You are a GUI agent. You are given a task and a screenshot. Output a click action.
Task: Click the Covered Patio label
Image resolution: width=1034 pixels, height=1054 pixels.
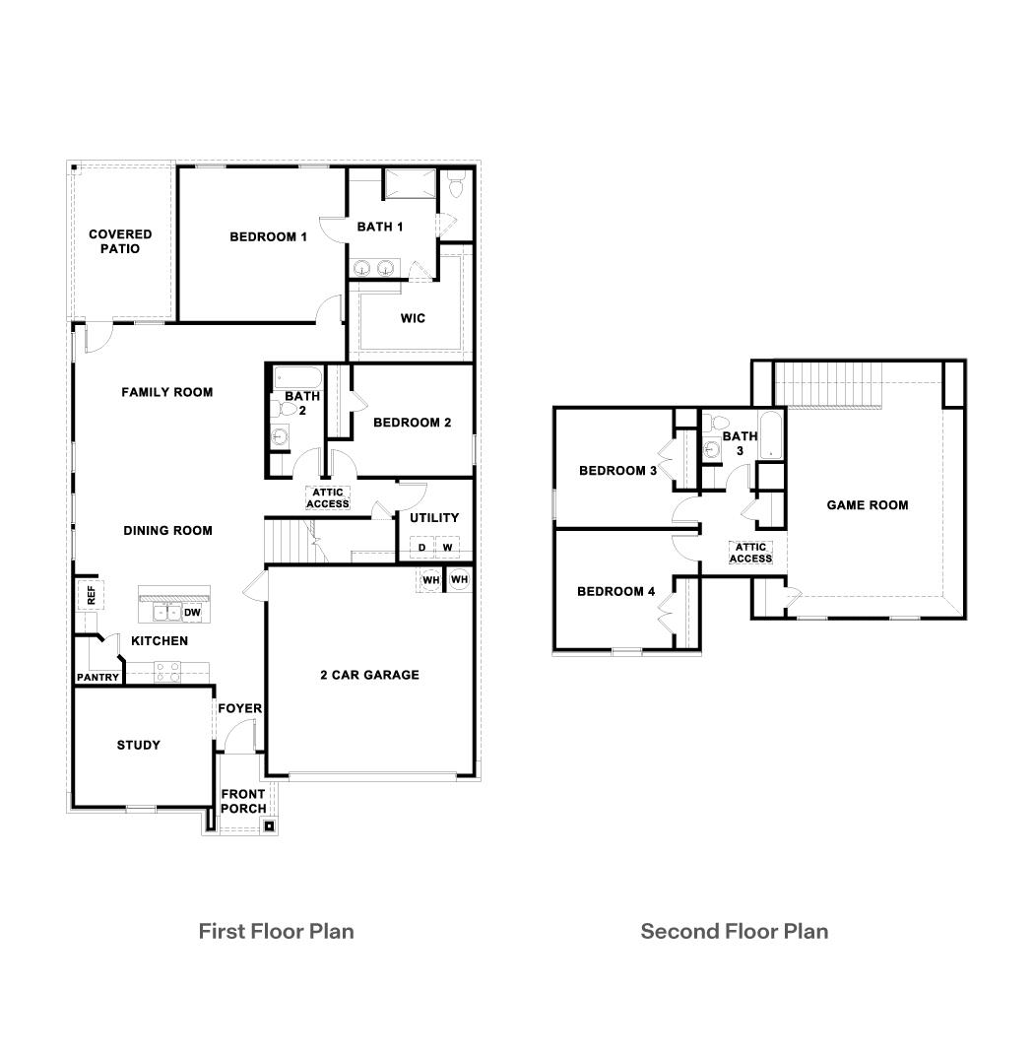(120, 241)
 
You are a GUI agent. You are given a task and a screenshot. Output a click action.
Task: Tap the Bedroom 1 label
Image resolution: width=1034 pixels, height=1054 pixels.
(269, 236)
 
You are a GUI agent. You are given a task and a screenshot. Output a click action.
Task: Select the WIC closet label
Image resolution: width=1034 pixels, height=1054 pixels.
(413, 318)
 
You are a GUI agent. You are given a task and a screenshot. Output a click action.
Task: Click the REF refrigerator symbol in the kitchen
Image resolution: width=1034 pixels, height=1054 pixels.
(91, 595)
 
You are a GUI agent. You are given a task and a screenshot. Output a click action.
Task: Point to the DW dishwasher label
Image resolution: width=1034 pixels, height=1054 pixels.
(192, 613)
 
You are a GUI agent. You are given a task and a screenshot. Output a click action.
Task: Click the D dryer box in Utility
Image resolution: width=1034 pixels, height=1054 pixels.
(421, 548)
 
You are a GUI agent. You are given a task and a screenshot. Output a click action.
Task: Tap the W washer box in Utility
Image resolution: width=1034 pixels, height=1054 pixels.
(446, 548)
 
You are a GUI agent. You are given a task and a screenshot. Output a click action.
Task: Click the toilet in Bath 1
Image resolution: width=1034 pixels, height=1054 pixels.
(456, 184)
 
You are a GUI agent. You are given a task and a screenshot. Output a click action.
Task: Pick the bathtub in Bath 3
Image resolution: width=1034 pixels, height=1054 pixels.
(770, 436)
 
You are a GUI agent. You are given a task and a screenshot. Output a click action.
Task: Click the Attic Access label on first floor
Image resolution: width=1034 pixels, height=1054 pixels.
(328, 498)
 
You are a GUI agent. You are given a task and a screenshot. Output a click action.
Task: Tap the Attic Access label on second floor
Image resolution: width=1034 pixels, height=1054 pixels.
(750, 553)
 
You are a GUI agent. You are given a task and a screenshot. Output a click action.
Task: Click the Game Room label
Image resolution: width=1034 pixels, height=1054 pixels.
(867, 505)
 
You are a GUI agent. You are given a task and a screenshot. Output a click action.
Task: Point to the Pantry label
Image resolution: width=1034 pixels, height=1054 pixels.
(97, 678)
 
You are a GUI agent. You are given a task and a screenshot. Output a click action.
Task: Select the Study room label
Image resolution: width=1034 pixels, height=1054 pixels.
(139, 745)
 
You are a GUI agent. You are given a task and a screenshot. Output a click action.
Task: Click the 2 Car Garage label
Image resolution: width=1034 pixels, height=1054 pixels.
(369, 675)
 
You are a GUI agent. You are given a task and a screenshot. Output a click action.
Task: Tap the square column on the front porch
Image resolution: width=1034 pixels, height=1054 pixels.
(269, 826)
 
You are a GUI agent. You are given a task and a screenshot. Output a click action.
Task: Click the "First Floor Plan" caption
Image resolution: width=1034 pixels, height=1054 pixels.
(276, 931)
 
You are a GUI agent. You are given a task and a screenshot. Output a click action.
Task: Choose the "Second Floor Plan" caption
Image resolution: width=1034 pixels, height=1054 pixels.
(734, 931)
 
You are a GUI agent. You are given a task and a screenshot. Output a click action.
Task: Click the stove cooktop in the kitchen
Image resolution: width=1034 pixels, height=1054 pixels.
(166, 672)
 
